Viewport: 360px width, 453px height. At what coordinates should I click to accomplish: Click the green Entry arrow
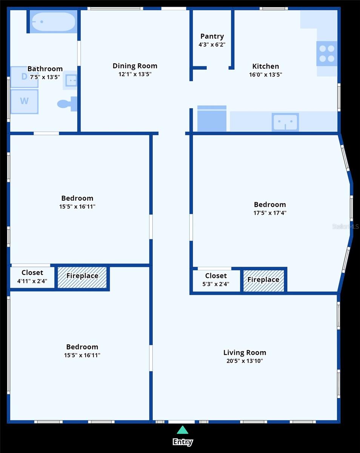click(x=182, y=430)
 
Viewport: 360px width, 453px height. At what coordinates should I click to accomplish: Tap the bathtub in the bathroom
click(x=54, y=22)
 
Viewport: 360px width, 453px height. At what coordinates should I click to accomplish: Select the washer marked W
click(x=25, y=102)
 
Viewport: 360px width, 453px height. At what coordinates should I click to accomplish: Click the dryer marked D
click(x=25, y=77)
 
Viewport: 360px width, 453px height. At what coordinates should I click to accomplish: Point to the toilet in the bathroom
click(x=67, y=104)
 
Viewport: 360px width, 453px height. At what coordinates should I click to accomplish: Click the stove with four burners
click(x=327, y=54)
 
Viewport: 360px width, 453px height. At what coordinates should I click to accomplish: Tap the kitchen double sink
click(x=285, y=122)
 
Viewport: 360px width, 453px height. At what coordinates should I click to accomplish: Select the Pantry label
click(x=212, y=36)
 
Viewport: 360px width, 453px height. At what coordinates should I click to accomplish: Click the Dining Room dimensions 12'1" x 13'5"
click(x=135, y=74)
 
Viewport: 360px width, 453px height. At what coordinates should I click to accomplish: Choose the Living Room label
click(x=245, y=352)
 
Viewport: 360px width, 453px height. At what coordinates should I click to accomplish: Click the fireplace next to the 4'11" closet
click(x=82, y=277)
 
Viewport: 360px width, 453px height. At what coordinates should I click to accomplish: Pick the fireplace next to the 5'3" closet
click(x=263, y=281)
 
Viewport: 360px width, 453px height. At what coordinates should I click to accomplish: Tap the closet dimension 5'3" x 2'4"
click(x=216, y=284)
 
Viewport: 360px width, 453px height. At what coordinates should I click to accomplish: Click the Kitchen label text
click(x=266, y=66)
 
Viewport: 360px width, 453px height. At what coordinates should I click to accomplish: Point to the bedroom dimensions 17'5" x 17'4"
click(x=270, y=213)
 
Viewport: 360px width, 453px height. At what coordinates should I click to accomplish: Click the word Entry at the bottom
click(x=183, y=442)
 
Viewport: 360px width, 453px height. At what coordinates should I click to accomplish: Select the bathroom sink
click(x=70, y=80)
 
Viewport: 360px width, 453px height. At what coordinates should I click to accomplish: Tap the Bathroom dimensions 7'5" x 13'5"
click(x=45, y=77)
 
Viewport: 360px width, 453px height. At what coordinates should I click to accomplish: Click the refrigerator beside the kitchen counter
click(x=212, y=119)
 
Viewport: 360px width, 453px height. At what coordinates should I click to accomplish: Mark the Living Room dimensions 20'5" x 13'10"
click(x=245, y=361)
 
